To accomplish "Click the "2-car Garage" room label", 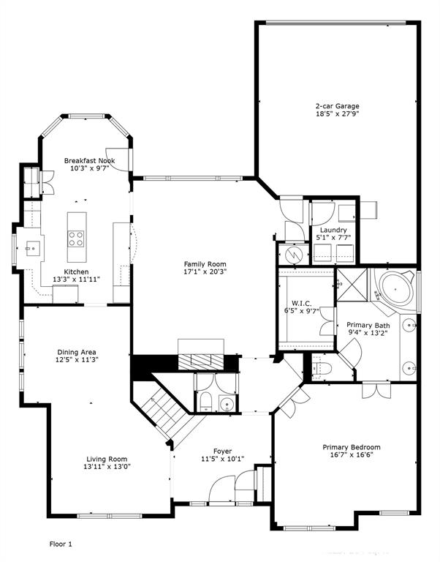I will (x=337, y=105).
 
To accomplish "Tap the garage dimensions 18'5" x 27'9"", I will (x=337, y=114).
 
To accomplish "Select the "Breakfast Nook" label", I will (x=89, y=160).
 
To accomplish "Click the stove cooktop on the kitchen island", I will (x=76, y=238).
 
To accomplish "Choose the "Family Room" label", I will (x=205, y=264).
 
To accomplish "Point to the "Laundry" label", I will (x=333, y=230).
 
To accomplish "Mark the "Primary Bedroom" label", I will (x=352, y=447).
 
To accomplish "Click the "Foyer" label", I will (x=223, y=451).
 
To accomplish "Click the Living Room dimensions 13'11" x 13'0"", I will (x=107, y=466).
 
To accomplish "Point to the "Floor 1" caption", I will (x=61, y=544).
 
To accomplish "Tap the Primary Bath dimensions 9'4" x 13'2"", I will (x=368, y=333).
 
